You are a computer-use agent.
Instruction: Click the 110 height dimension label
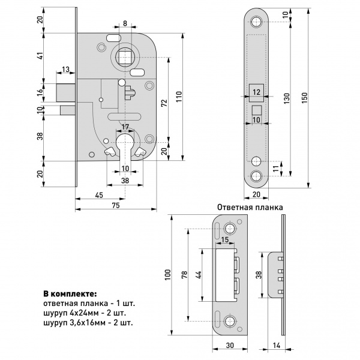tap(179, 97)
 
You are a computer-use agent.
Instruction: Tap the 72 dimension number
tap(164, 103)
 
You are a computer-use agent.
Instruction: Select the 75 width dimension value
tap(116, 205)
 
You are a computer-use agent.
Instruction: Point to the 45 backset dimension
tap(99, 195)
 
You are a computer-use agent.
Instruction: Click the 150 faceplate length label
tap(304, 98)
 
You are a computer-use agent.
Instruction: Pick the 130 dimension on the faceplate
tap(287, 98)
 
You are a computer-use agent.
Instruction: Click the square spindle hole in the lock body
tap(125, 57)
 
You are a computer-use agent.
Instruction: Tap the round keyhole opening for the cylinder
tap(125, 141)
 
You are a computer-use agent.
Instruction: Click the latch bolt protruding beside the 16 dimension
tap(65, 92)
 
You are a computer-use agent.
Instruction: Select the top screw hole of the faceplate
tap(256, 22)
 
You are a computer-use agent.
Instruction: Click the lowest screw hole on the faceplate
tap(256, 176)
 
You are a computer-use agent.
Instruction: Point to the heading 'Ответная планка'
tap(250, 208)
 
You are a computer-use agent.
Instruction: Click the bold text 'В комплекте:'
tap(70, 294)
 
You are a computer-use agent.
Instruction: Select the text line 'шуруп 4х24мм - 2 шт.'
tap(85, 313)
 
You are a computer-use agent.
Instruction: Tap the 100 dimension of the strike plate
tap(168, 275)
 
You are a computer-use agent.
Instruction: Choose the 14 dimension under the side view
tap(277, 346)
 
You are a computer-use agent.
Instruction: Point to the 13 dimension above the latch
tap(65, 70)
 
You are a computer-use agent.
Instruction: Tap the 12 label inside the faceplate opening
tap(256, 92)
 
